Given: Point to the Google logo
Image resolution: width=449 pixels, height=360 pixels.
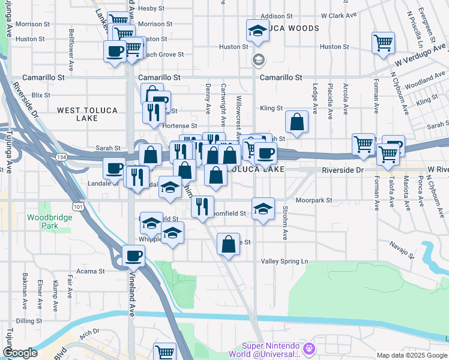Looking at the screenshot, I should pos(20,353).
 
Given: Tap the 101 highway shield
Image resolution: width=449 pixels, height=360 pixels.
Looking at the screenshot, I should pos(77,206).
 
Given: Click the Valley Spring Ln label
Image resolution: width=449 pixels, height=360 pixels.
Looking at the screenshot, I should pos(285,261).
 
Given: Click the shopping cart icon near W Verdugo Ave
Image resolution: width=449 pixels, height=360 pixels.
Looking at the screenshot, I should pos(383,43).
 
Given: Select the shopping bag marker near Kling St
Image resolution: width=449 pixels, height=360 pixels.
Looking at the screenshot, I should pos(297,122).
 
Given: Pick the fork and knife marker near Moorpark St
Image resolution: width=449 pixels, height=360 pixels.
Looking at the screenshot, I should pos(202,206).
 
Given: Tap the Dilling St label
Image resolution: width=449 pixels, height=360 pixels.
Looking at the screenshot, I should pos(29,321).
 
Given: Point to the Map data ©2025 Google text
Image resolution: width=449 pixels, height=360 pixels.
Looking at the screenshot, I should pos(411,355).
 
